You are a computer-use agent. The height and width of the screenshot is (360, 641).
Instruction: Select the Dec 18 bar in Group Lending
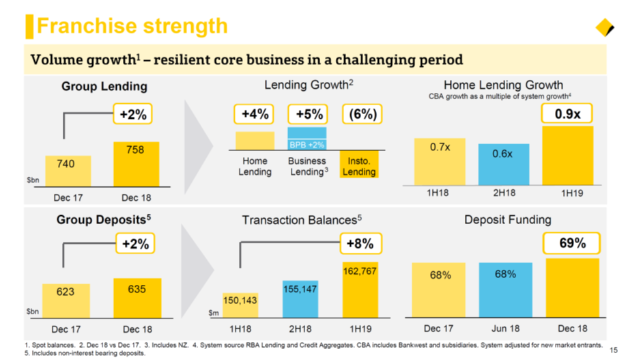(136, 164)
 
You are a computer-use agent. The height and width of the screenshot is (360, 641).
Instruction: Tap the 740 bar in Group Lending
(68, 171)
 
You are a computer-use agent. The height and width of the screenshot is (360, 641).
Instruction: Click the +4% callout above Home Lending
(255, 114)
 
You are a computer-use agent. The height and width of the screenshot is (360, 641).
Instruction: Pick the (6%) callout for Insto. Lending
(362, 114)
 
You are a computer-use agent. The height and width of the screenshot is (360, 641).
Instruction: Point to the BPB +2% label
(307, 145)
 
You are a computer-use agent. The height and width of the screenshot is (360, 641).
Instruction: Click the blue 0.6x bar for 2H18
(502, 164)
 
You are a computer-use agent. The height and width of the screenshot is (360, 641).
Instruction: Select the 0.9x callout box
(567, 114)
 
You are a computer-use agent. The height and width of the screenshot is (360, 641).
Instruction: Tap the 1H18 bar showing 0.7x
(440, 161)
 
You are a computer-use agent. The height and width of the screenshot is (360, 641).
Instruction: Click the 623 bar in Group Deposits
(66, 301)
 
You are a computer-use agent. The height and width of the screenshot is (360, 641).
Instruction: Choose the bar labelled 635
(137, 298)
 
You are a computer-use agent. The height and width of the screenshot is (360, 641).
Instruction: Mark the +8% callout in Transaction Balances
(359, 244)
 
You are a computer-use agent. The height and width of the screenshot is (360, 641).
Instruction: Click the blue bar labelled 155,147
(300, 299)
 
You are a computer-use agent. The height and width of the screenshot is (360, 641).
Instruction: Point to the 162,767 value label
(360, 271)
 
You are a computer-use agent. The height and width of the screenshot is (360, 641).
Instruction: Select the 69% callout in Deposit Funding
(572, 243)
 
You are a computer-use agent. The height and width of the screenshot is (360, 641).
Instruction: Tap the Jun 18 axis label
(506, 329)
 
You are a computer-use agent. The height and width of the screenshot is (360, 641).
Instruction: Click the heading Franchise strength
(132, 26)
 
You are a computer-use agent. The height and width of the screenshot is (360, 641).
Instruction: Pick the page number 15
(613, 350)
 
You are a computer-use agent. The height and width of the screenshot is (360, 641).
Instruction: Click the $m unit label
(214, 314)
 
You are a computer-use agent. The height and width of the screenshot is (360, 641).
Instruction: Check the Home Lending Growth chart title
(503, 85)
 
